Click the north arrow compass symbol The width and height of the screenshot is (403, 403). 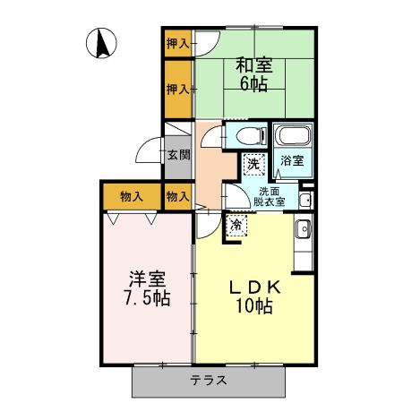[x=101, y=42]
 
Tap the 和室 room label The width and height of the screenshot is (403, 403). [x=253, y=65]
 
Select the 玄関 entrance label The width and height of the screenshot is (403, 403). [x=177, y=154]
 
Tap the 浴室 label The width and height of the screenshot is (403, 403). [x=292, y=161]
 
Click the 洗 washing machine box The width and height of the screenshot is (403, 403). [x=254, y=163]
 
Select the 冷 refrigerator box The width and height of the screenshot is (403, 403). [x=236, y=224]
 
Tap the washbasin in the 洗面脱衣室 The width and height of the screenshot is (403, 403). [x=305, y=198]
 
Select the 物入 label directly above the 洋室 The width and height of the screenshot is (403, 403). [x=132, y=196]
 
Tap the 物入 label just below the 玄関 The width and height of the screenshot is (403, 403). [x=176, y=196]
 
